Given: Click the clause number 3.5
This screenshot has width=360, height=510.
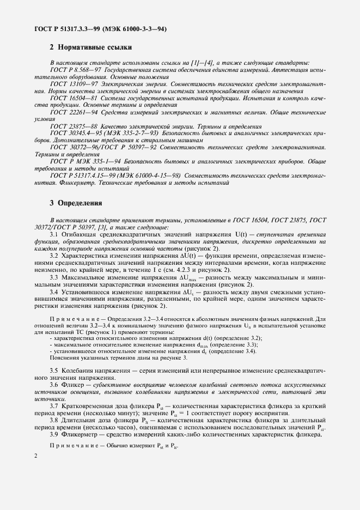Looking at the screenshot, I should tap(54, 371).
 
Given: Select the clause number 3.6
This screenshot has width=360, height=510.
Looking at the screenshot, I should tap(54, 385).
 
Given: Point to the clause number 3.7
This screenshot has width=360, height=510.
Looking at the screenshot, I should tap(54, 406).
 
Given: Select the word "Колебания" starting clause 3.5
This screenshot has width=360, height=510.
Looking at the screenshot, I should tap(81, 371).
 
